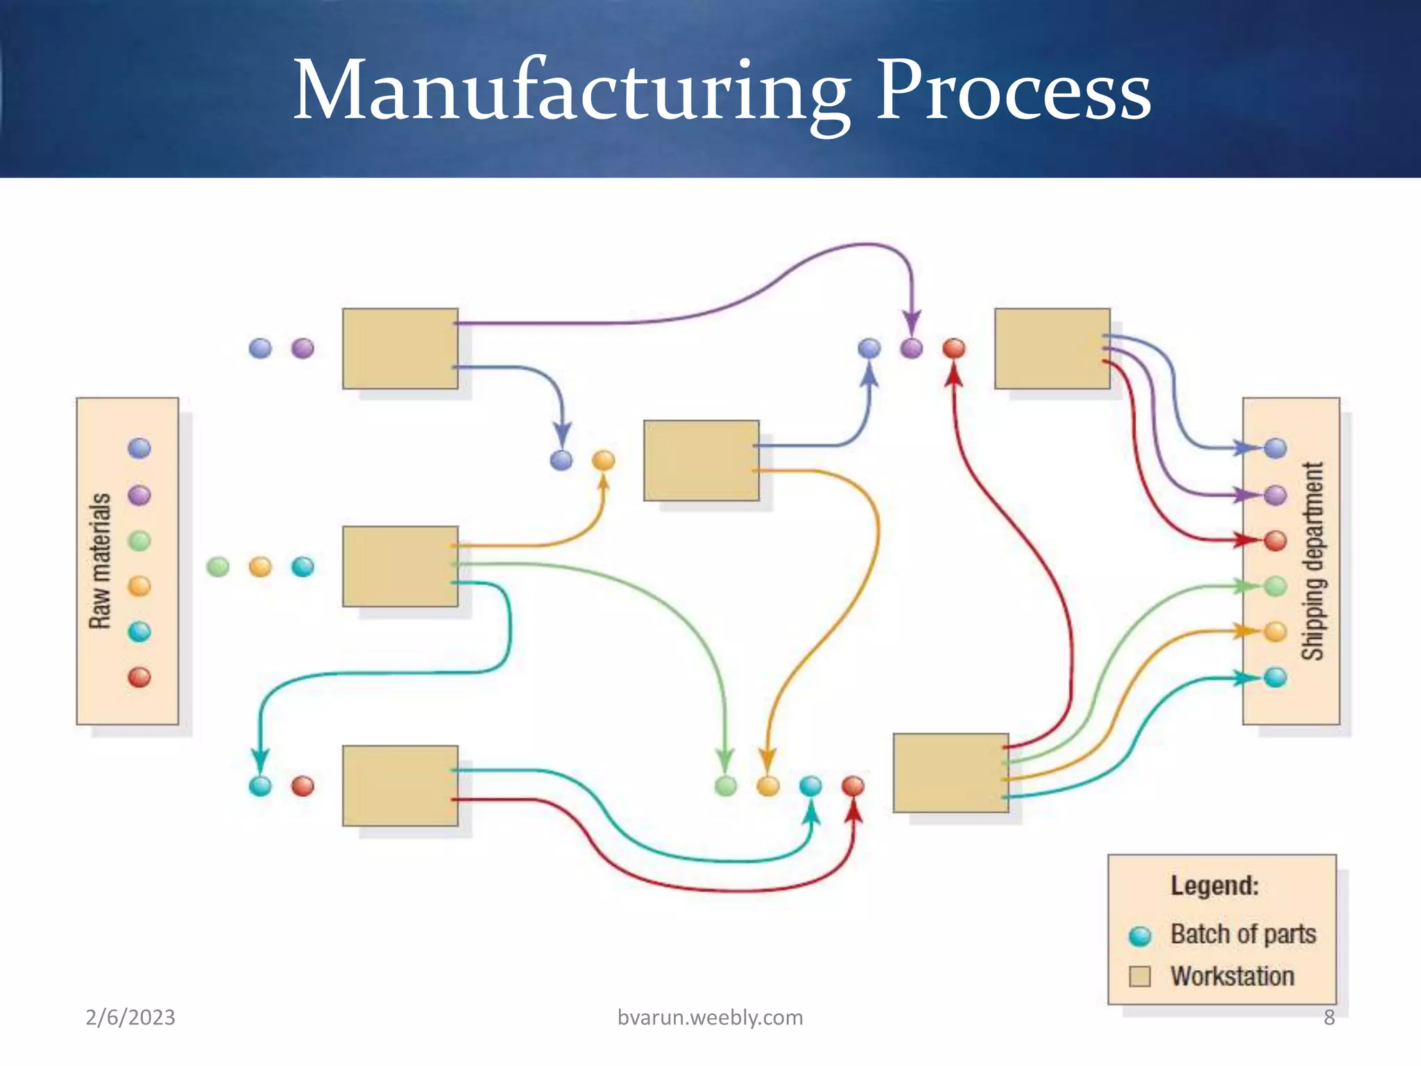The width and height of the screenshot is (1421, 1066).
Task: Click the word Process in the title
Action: coord(1013,92)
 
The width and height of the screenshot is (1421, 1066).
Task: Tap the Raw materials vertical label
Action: coord(100,561)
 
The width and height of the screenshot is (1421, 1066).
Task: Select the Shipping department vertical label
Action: coord(1312,561)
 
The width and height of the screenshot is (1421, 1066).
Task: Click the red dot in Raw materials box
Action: coord(139,677)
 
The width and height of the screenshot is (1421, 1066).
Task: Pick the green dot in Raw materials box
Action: coord(139,541)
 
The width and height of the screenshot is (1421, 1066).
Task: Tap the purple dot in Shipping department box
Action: coord(1275,495)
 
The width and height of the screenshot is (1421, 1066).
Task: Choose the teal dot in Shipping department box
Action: coord(1275,677)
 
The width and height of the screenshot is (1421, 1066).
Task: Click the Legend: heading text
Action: coord(1214,886)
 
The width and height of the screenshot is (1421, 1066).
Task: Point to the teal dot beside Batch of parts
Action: coord(1139,936)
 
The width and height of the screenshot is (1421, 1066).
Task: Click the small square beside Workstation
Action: coord(1139,976)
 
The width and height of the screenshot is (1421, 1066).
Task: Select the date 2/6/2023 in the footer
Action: coord(130,1017)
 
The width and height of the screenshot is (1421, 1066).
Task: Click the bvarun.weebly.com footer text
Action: coord(710,1017)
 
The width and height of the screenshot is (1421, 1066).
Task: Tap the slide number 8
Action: coord(1329,1017)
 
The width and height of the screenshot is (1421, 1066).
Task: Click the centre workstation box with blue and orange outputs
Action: coord(701,460)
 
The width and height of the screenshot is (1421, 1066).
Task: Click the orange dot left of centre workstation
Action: coord(603,459)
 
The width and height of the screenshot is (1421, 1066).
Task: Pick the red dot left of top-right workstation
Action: coord(954,348)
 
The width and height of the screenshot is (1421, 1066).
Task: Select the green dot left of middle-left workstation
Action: coord(218,567)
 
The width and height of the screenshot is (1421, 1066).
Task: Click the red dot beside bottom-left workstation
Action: coord(303,786)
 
